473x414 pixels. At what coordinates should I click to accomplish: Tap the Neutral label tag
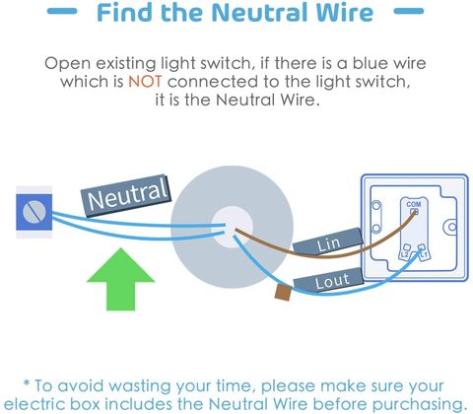[126, 195]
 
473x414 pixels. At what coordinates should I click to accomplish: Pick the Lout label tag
[329, 281]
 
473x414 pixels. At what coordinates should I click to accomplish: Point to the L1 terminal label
[424, 254]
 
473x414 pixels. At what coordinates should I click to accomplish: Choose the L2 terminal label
[405, 254]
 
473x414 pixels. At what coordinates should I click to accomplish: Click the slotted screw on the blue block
[34, 212]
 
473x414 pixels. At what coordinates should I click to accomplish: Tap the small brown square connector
[284, 293]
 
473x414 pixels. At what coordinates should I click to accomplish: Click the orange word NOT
[145, 82]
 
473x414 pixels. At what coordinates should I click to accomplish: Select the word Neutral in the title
[261, 13]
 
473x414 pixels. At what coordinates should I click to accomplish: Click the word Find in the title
[125, 13]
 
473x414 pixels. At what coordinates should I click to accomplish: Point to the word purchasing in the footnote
[420, 404]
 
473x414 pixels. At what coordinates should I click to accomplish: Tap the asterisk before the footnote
[27, 383]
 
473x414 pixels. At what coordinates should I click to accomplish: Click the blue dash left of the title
[62, 11]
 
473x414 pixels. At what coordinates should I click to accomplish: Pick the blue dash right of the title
[409, 11]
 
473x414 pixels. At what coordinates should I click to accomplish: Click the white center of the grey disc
[232, 227]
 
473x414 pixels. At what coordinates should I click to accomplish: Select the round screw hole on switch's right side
[452, 227]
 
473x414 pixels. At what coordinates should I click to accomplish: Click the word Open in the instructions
[67, 63]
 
